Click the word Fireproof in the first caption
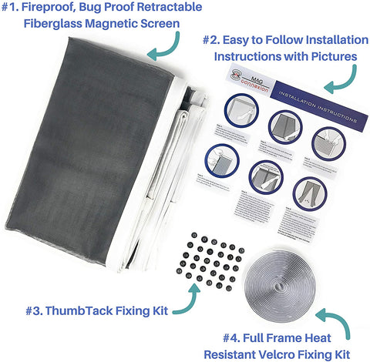63,8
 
